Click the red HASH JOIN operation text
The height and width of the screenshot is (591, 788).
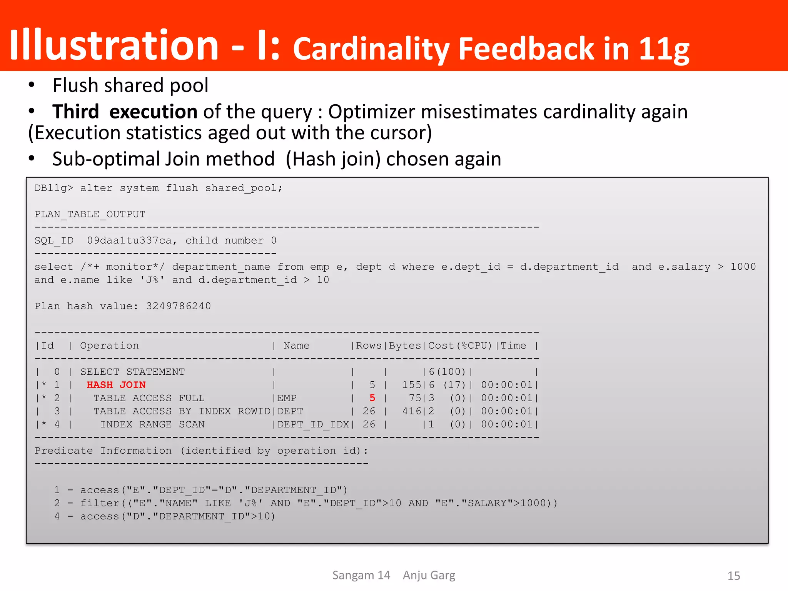point(116,385)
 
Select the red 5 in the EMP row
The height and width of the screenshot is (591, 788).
point(372,398)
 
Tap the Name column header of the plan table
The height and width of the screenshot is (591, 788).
point(296,346)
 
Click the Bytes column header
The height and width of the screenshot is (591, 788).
point(405,346)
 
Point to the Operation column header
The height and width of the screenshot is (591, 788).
point(109,346)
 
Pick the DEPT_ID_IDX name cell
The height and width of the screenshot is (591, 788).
point(313,424)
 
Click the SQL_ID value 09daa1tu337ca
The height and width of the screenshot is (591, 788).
point(129,240)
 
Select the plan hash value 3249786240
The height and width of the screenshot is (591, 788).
point(179,306)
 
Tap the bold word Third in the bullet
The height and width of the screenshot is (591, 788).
point(76,112)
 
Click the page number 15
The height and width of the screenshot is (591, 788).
point(734,576)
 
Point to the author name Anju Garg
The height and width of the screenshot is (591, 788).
point(429,575)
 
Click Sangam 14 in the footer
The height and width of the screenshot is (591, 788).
point(361,575)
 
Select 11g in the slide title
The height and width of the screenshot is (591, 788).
point(664,49)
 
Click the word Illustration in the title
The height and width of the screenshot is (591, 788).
point(114,45)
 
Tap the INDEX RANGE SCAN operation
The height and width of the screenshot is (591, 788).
point(152,424)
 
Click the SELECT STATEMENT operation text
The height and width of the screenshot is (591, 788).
point(132,372)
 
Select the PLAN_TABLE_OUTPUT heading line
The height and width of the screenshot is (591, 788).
point(90,214)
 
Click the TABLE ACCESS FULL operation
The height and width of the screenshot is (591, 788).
point(149,398)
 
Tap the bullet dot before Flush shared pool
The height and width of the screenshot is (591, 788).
point(32,85)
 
